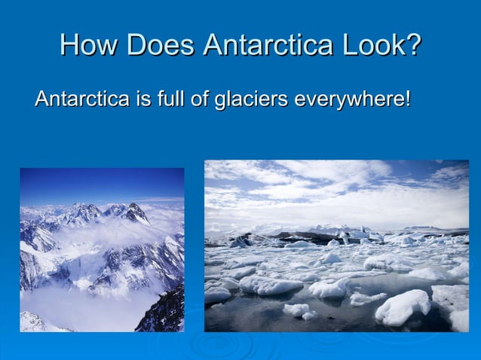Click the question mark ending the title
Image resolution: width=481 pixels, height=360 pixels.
[x=413, y=44]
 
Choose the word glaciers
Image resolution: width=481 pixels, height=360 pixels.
[x=249, y=99]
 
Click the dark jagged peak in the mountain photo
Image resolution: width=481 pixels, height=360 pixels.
[x=136, y=213]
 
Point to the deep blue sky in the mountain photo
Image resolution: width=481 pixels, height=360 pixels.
[x=98, y=183]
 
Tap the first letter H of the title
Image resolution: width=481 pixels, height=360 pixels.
[x=69, y=44]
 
